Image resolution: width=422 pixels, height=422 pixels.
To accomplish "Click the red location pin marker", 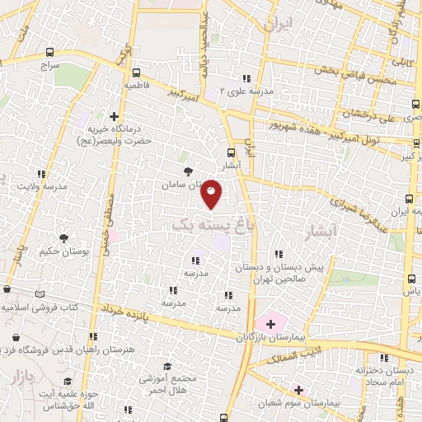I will pyautogui.click(x=212, y=194).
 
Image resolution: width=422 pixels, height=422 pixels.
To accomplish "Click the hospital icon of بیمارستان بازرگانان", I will pyautogui.click(x=270, y=324).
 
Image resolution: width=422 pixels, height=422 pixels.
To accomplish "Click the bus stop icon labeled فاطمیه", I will pyautogui.click(x=137, y=72).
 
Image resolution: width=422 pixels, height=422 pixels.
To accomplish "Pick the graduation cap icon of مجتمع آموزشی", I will pyautogui.click(x=168, y=366).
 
